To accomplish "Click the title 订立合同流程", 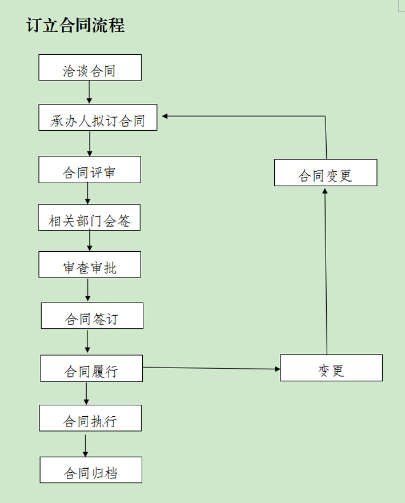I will point(75,26).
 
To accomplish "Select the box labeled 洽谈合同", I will point(90,67).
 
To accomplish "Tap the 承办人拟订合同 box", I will point(98,118).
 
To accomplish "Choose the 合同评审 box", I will point(90,170).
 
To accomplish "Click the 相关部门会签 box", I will point(89,218).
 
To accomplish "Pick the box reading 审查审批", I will point(90,264).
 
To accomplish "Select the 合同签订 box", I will point(92,316).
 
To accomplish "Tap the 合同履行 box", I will point(91,368).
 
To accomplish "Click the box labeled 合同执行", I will point(90,418).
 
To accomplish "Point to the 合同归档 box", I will point(90,470).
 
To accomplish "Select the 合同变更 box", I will point(326,172).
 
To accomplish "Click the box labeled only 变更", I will point(331,368).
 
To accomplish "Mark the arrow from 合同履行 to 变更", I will point(211,368).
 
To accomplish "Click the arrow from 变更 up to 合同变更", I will point(326,271).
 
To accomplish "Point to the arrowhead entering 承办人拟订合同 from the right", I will point(165,116).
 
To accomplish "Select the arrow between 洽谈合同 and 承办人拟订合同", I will point(90,92).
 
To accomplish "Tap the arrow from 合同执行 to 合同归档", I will point(86,444).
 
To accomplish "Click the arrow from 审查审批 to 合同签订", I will point(87,290).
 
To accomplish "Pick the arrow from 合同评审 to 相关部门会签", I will point(87,194).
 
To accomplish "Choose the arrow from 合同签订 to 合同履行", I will point(87,341).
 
